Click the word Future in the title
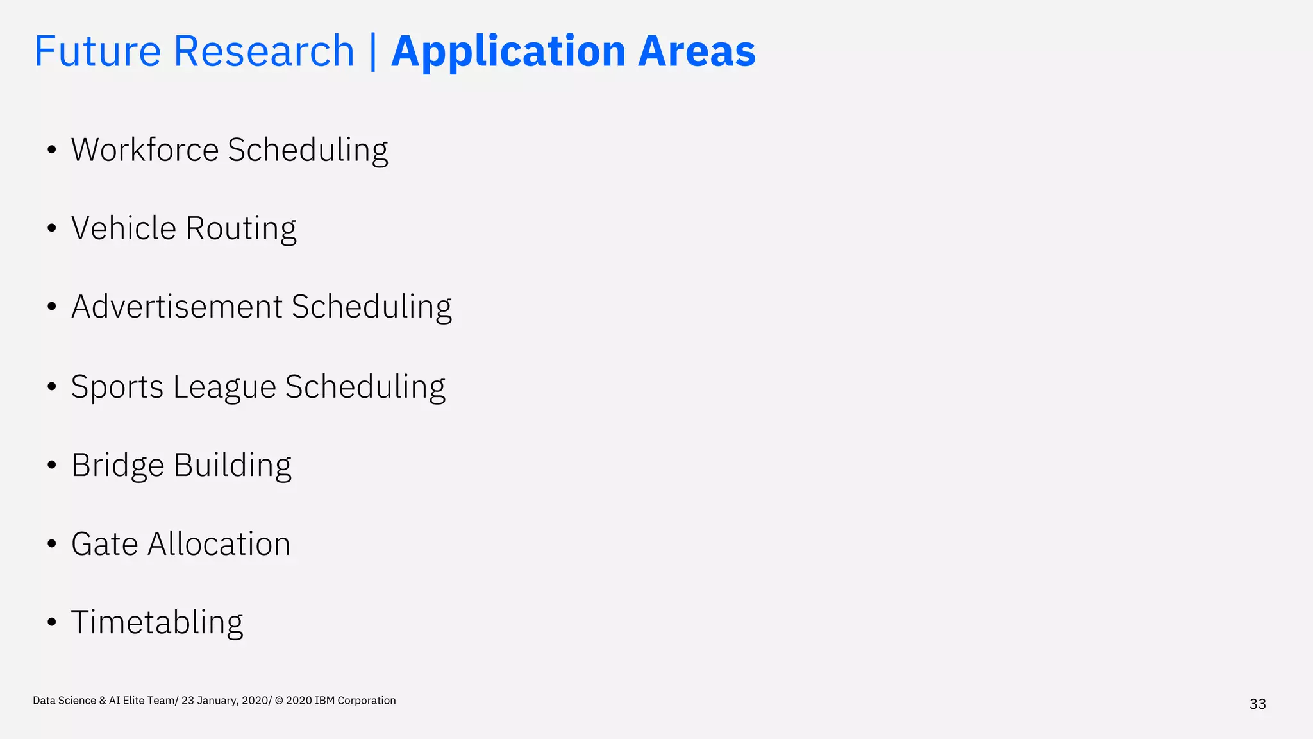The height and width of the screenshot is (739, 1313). [x=97, y=51]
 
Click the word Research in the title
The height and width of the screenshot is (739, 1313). [x=263, y=51]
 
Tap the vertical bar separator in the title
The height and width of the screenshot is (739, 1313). [x=373, y=51]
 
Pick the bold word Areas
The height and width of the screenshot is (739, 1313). [x=697, y=51]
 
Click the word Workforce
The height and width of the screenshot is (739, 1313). [x=145, y=150]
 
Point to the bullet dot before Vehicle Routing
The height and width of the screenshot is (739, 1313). [x=52, y=228]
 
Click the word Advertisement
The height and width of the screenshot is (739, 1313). [x=177, y=307]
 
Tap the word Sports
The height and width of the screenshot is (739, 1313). [x=117, y=387]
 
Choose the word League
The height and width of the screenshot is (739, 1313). [x=224, y=387]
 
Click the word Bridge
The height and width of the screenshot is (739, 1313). [x=118, y=466]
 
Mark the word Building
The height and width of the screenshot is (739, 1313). [x=233, y=466]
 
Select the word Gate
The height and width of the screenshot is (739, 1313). [x=105, y=544]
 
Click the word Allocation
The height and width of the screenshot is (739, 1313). [x=219, y=544]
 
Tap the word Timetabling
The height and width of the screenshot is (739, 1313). [x=157, y=623]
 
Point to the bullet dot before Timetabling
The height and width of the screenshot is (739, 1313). [x=52, y=622]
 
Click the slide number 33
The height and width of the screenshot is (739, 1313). [x=1257, y=704]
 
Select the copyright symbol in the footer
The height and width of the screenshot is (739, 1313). [x=279, y=701]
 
